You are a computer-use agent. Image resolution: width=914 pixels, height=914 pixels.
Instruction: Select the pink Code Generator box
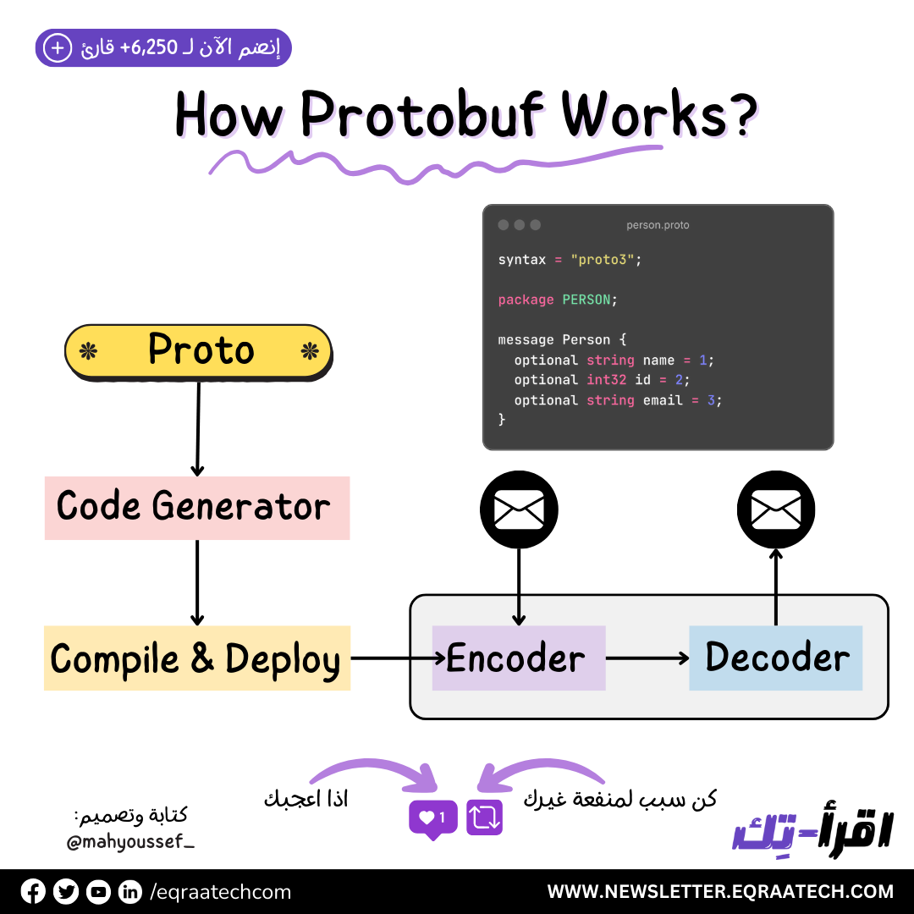click(196, 508)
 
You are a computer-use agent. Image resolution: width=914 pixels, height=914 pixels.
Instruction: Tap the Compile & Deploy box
click(196, 659)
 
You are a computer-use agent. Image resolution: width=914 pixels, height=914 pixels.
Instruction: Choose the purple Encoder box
click(518, 658)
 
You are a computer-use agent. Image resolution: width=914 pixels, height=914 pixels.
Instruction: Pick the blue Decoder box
click(776, 658)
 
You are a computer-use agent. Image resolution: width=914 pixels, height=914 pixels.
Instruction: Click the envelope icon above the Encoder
click(519, 509)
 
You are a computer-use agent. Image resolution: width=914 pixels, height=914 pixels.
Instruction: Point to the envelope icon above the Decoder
click(776, 509)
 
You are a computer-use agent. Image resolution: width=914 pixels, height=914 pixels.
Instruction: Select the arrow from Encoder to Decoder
click(647, 658)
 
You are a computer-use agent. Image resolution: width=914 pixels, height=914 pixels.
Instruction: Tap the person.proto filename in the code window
click(658, 225)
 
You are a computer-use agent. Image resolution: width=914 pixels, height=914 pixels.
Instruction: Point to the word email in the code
click(663, 400)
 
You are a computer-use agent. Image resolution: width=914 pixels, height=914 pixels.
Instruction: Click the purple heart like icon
click(432, 818)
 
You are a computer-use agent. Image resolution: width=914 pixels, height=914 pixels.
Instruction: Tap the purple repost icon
click(485, 818)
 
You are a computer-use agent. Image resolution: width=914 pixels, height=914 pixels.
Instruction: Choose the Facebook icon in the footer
click(33, 891)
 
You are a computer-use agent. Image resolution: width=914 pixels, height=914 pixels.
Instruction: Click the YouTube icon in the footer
click(98, 891)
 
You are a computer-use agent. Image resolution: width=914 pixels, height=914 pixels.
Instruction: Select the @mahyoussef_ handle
click(129, 842)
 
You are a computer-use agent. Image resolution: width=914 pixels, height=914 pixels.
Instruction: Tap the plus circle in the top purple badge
click(58, 48)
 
